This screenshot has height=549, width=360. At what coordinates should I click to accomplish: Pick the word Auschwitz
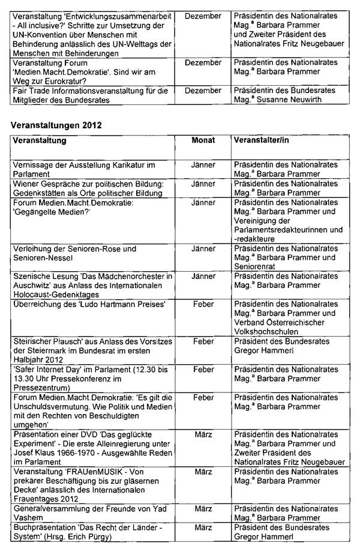pos(34,285)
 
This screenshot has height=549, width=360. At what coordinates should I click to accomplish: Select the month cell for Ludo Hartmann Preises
pos(203,304)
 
